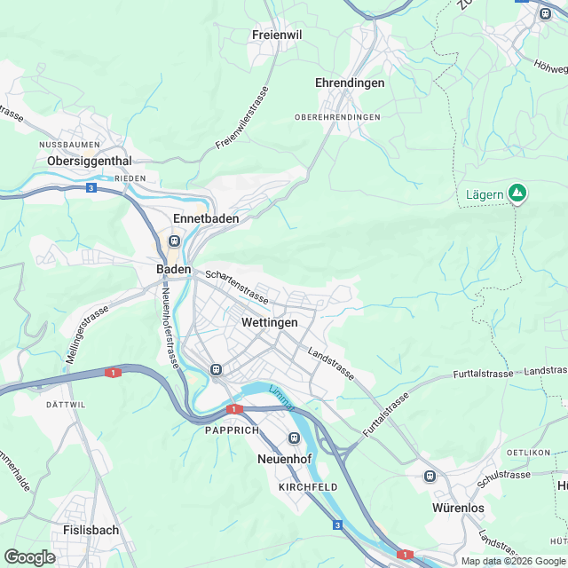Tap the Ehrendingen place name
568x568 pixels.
[350, 83]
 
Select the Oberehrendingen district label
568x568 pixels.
[337, 117]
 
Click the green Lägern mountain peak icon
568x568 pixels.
[517, 193]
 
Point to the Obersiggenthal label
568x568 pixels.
[90, 161]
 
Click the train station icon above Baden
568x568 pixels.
[174, 241]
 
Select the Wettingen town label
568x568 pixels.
[269, 323]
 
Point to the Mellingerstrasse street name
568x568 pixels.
[86, 335]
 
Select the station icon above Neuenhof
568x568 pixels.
[294, 438]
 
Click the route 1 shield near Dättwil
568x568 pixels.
[113, 373]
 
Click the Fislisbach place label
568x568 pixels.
[91, 530]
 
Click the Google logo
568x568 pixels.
[29, 556]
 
